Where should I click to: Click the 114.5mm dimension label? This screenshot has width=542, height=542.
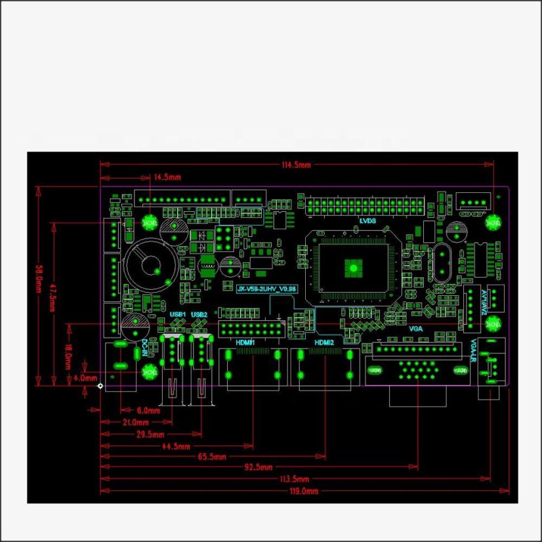pos(296,165)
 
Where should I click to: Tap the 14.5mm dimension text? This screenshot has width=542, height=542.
pos(167,177)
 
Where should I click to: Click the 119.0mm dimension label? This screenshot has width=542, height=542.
pos(304,491)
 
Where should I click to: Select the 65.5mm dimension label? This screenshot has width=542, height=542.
pos(212,457)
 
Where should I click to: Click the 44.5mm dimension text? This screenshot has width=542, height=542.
pos(176,446)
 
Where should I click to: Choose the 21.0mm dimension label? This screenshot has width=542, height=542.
pos(135,422)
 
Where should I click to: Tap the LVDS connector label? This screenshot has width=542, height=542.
pos(367,221)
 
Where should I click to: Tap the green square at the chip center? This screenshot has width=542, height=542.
pos(353,266)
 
